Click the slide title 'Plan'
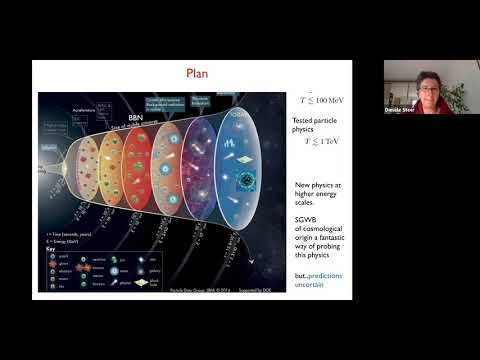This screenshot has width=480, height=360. click(x=197, y=72)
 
